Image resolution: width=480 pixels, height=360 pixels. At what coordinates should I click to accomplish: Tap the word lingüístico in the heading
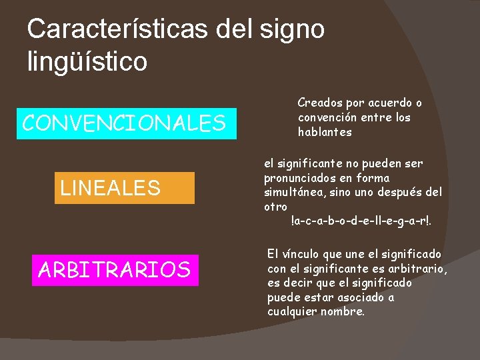click(87, 61)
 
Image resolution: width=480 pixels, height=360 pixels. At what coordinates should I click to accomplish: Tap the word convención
click(327, 118)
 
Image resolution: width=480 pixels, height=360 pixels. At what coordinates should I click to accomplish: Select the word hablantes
click(325, 132)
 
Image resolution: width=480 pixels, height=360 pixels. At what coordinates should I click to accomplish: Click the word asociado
click(363, 298)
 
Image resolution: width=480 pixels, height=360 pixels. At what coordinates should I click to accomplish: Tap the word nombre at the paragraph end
click(341, 312)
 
